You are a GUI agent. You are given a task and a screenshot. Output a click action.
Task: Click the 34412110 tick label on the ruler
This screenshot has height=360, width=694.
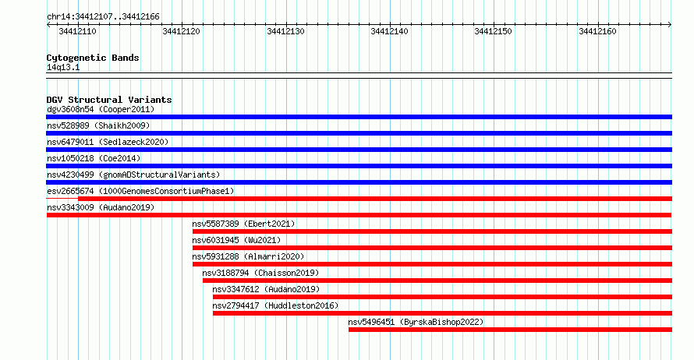coord(77,31)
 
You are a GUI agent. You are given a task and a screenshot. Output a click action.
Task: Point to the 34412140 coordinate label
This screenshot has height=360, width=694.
coord(389,31)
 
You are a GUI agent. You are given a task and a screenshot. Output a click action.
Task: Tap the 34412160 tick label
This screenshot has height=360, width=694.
coord(597,31)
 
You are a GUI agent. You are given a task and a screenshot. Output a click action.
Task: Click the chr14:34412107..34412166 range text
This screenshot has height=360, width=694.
coord(103,17)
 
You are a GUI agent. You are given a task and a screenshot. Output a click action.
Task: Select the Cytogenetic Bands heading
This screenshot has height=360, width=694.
coord(93,58)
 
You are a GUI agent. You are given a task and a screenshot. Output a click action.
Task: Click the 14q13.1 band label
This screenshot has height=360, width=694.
coord(63,67)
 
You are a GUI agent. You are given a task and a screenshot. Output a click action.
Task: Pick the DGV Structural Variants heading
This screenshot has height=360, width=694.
coord(109,100)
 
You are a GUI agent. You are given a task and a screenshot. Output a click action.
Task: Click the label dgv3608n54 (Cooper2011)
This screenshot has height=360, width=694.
coord(101,109)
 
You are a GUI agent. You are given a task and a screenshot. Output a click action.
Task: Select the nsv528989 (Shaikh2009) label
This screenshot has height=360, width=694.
coord(98,125)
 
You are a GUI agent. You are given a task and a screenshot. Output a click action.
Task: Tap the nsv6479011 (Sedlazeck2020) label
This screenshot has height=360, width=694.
coord(108,142)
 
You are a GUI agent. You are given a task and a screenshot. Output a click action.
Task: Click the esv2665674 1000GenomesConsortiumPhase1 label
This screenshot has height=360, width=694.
coord(140,191)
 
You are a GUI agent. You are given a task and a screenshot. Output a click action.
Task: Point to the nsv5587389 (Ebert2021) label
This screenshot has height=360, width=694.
coord(243,224)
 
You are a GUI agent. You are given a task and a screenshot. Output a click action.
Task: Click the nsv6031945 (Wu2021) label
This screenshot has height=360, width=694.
coord(236,240)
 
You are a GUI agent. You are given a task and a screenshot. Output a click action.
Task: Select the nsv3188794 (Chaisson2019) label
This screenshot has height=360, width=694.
coord(260,273)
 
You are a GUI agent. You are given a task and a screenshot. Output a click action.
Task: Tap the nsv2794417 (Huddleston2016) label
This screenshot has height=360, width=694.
coord(275,305)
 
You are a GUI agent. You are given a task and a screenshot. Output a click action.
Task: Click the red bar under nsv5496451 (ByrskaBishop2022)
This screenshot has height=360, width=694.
coord(510,330)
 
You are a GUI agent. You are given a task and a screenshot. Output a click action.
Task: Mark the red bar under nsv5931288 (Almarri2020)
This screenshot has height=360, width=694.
coord(433,264)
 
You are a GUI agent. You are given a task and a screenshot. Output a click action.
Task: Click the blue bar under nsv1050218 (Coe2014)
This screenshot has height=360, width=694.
coord(359,166)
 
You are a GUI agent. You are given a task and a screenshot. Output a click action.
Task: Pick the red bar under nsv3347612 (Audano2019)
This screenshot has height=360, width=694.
coord(443,297)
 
